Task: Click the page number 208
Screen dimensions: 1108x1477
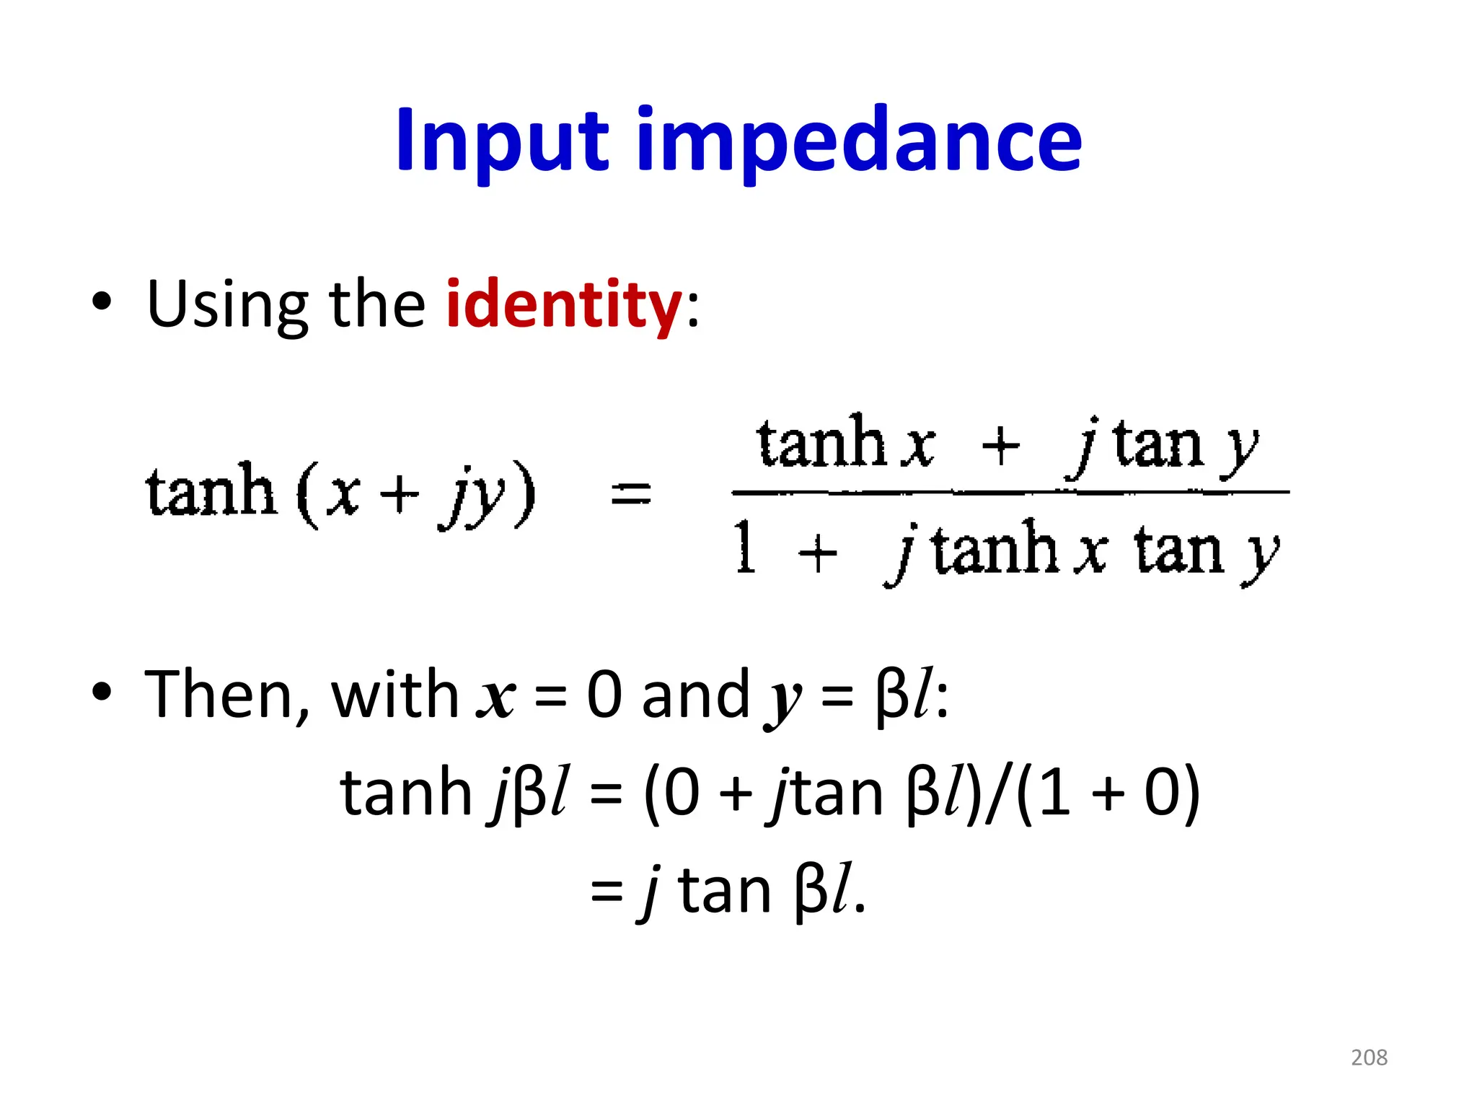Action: [1369, 1058]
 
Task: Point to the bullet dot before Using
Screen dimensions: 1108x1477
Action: [102, 302]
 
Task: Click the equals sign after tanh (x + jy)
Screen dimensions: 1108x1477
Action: [630, 495]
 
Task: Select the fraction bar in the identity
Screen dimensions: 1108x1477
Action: [1010, 493]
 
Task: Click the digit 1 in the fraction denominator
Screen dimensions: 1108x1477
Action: [746, 548]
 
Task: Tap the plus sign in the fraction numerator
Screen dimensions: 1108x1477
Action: [1000, 446]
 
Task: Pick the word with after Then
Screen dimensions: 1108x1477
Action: [394, 694]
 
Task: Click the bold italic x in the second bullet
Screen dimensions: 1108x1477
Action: [496, 698]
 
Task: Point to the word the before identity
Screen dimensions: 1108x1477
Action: [377, 304]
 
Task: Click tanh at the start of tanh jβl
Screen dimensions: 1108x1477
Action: [405, 793]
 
